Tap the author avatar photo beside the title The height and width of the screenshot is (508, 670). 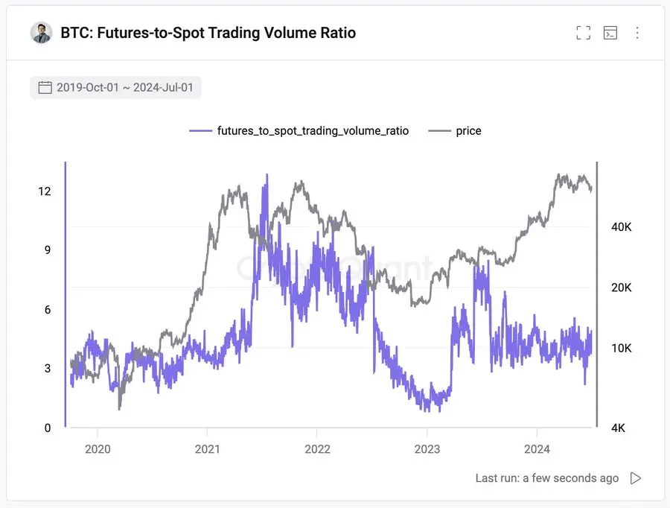tap(41, 33)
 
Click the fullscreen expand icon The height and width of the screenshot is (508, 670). tap(584, 33)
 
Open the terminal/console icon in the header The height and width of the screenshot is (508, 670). tap(610, 33)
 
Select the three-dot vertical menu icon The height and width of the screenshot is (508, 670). tap(637, 33)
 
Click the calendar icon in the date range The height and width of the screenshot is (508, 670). tap(45, 88)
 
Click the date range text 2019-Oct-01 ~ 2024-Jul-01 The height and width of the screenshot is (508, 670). tap(124, 88)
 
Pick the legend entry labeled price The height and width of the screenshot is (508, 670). tap(468, 131)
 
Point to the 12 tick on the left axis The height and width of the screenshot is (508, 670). tap(45, 191)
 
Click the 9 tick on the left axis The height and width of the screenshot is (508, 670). tap(48, 250)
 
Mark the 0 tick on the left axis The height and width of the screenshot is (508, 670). tap(48, 428)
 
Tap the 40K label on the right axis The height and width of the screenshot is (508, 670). tap(621, 227)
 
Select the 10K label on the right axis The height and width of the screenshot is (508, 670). tap(621, 349)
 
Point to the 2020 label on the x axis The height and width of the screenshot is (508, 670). tap(98, 449)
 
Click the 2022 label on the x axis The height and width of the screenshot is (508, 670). tap(317, 449)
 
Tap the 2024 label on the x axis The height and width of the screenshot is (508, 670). tap(537, 449)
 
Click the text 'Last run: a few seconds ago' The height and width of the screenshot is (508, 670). tap(546, 478)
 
